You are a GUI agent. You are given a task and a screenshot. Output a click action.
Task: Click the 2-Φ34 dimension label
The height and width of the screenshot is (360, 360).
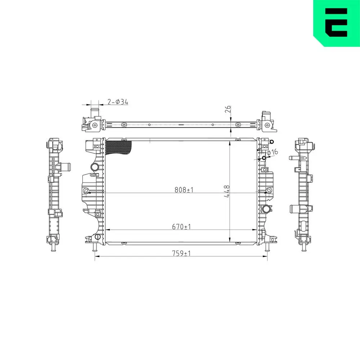click(x=118, y=102)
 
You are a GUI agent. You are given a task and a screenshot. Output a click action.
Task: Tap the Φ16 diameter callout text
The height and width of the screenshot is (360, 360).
click(x=273, y=152)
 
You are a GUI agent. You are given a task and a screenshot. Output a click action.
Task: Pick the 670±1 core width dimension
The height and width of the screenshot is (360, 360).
click(x=181, y=227)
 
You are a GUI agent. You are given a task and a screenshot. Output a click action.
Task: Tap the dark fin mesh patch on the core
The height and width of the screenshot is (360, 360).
click(x=118, y=147)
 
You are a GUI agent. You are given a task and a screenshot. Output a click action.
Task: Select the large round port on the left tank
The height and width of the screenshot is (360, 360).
click(x=95, y=167)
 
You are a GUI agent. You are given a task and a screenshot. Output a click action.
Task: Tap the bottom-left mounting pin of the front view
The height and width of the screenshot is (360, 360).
click(x=94, y=248)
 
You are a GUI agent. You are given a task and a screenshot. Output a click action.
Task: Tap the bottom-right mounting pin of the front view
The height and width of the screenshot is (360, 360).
click(x=267, y=248)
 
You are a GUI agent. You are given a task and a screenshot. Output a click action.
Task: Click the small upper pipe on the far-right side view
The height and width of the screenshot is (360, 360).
click(x=292, y=158)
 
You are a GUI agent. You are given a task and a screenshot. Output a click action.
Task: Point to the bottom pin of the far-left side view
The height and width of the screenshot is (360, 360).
click(x=53, y=248)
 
